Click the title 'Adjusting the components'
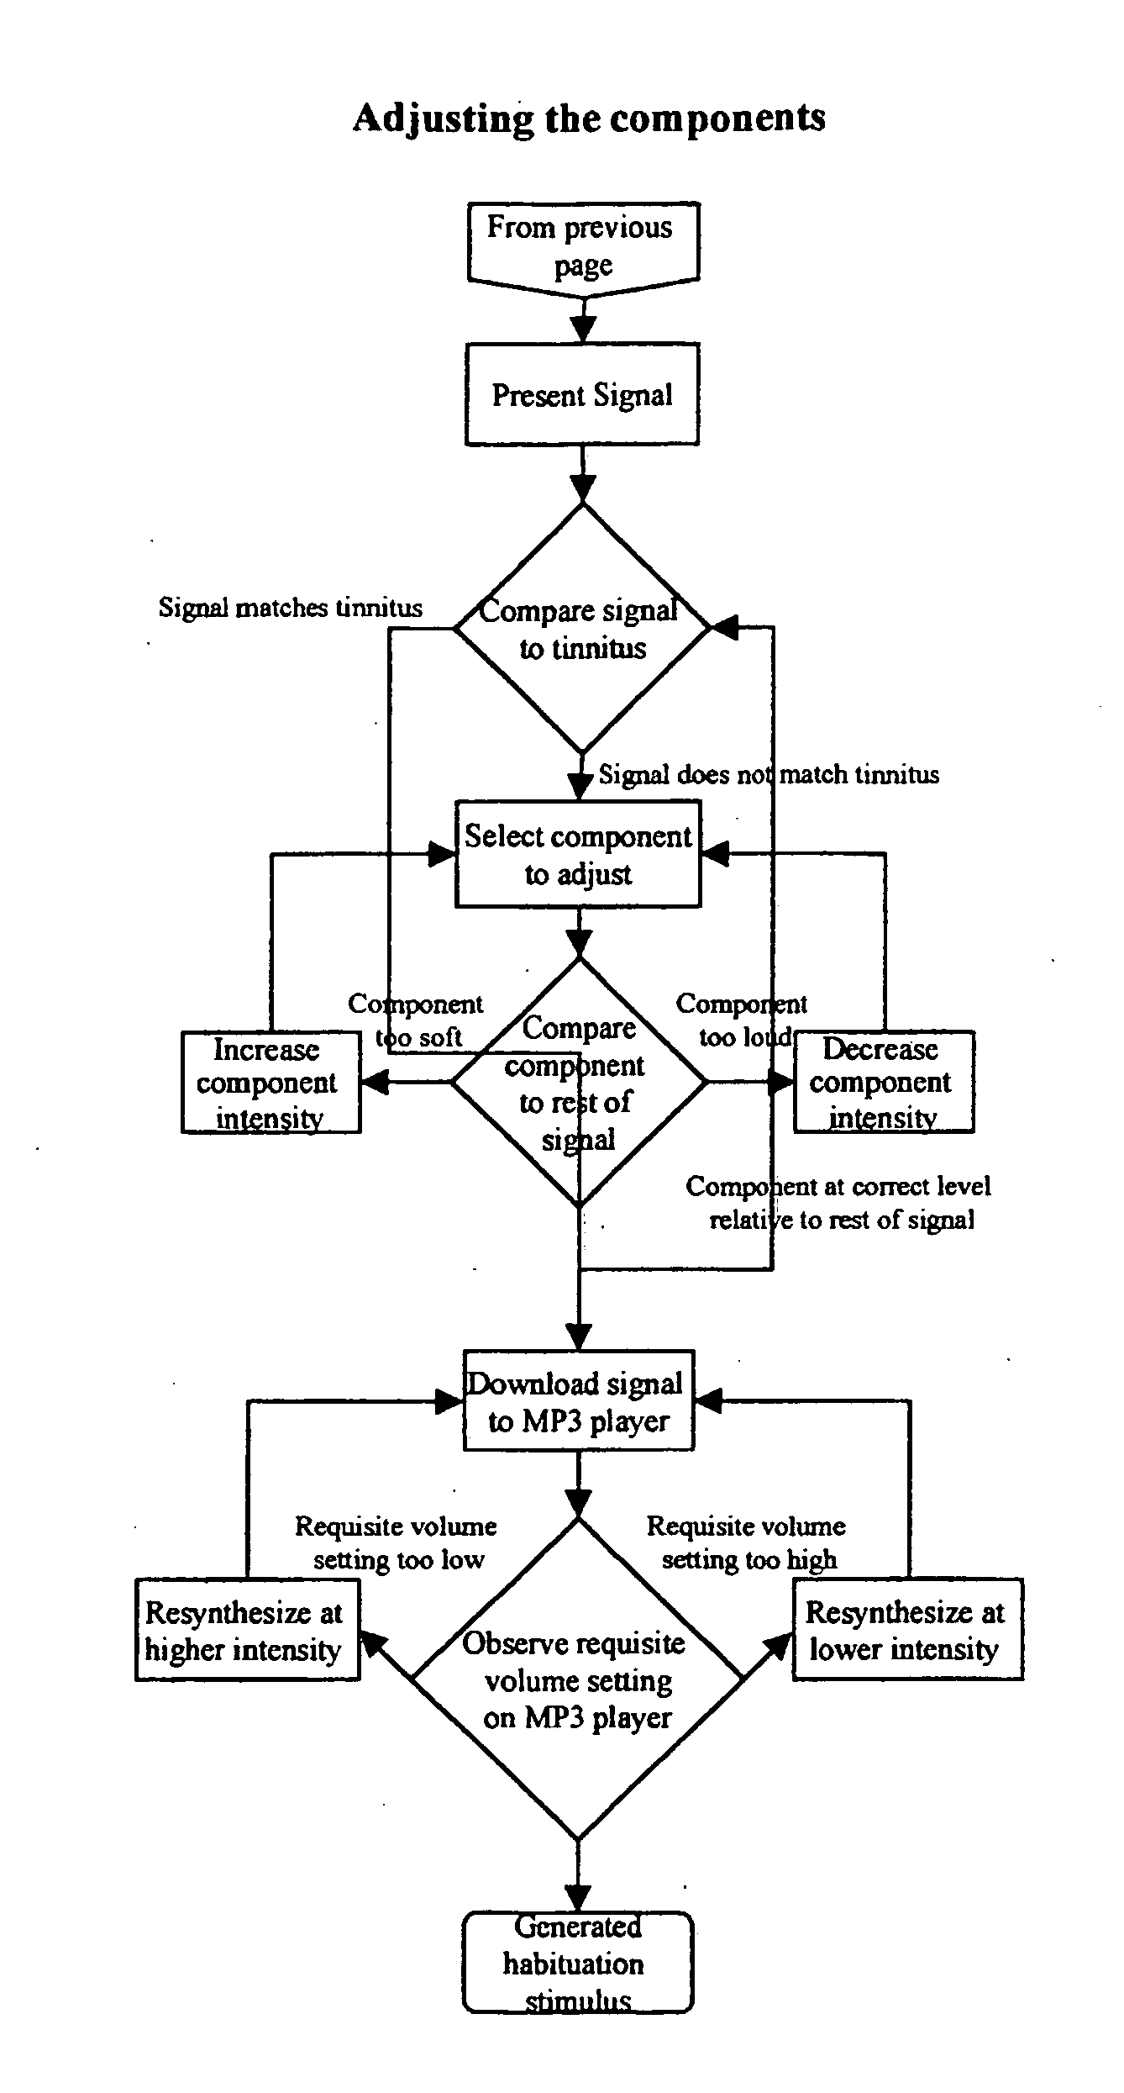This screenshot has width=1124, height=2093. coord(588,119)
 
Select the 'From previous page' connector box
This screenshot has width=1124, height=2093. coord(582,245)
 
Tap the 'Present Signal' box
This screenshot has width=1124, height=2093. coord(582,394)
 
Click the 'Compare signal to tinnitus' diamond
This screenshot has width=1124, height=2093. coord(582,628)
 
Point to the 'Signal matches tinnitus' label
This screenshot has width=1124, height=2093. coord(291,608)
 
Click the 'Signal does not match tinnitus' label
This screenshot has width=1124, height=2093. coord(769,774)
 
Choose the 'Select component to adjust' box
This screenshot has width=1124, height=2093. coord(578,854)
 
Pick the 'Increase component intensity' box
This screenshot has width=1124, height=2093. coord(270,1082)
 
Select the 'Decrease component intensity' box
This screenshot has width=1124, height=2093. coord(884,1082)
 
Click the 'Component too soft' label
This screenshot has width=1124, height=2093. coord(417,1020)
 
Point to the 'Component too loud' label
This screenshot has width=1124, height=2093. coord(741,1020)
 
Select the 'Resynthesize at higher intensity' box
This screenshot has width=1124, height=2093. coord(247,1630)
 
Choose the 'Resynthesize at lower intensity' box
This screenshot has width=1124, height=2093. coord(907,1630)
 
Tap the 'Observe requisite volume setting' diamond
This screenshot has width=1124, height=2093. coord(578,1680)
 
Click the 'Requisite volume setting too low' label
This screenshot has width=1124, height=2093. coord(397,1542)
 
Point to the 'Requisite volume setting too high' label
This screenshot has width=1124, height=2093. coord(747,1542)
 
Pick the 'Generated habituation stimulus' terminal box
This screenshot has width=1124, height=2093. coord(578,1963)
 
